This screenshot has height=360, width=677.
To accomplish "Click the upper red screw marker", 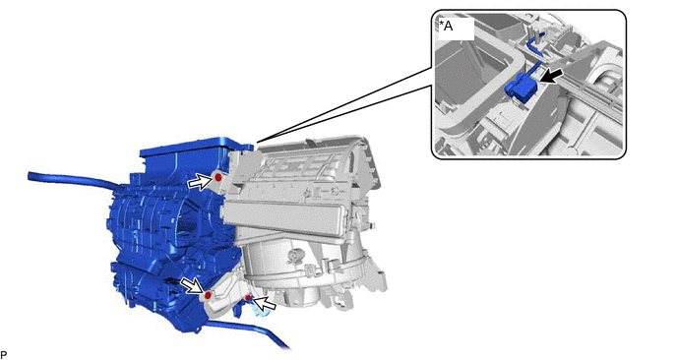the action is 218,177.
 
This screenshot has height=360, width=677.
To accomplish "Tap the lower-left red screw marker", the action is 208,295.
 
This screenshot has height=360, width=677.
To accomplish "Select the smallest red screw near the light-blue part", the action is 248,298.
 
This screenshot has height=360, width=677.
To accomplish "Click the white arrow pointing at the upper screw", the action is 200,182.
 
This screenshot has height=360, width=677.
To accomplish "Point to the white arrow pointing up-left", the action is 264,303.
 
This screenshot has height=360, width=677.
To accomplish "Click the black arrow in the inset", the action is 550,78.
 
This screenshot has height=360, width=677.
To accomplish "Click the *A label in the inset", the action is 446,26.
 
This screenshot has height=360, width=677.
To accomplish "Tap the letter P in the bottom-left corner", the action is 4,355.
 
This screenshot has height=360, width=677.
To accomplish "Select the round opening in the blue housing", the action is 187,223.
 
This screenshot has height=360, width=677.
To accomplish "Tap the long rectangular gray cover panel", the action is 282,219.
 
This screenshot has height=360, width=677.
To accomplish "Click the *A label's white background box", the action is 456,29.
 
